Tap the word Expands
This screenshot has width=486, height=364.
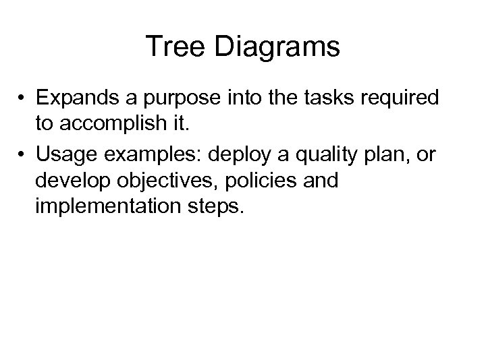coord(77,98)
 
